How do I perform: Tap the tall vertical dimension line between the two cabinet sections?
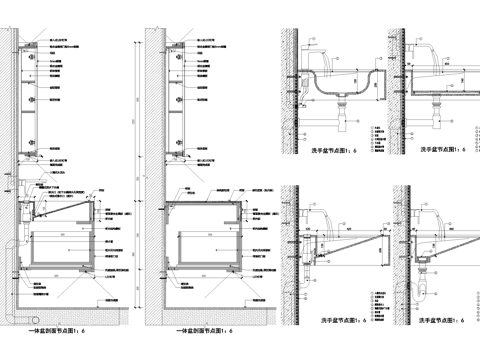132,180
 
